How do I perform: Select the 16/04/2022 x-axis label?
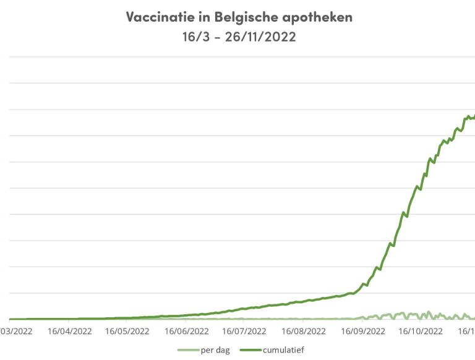tap(69, 331)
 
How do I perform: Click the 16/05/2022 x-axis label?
tap(127, 331)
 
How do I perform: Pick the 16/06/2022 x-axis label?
tap(186, 331)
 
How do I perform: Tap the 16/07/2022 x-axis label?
tap(243, 331)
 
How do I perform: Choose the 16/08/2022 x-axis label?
tap(301, 331)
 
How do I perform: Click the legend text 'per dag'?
tap(215, 350)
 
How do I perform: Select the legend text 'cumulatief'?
tap(283, 350)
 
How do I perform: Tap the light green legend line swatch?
tap(187, 350)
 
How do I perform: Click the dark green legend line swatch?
tap(251, 350)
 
